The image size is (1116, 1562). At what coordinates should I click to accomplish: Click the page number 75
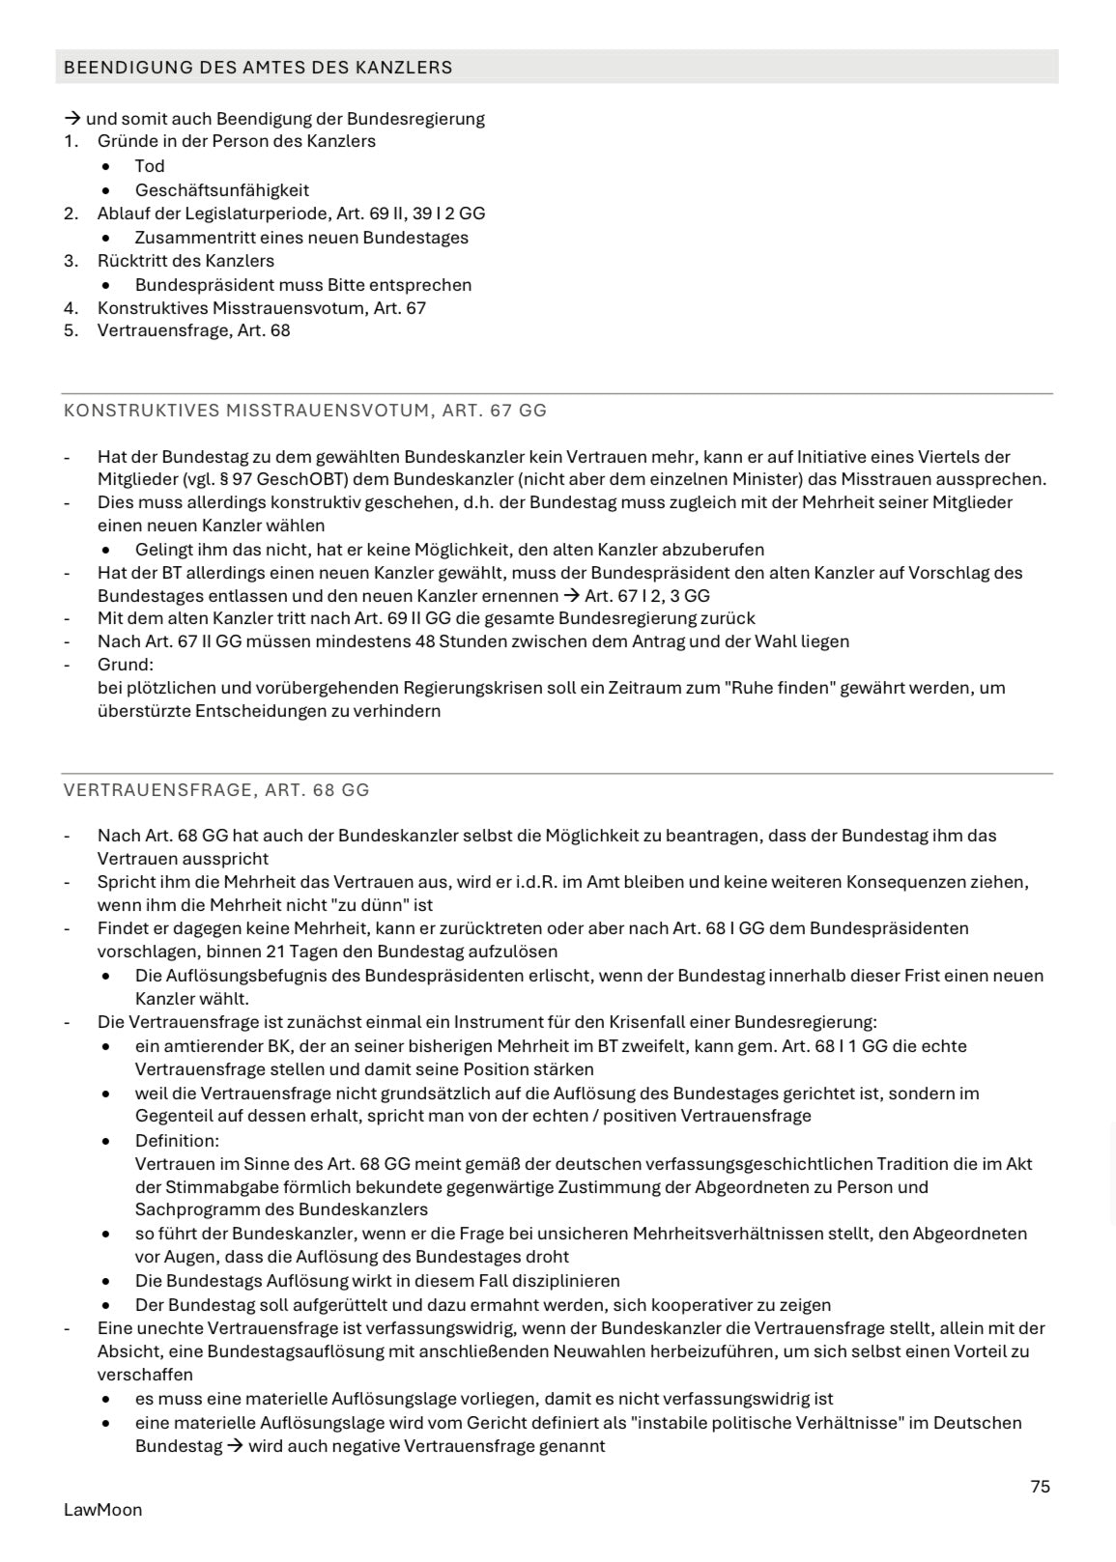click(1040, 1487)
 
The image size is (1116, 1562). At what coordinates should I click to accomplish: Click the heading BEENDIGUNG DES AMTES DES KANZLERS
click(258, 68)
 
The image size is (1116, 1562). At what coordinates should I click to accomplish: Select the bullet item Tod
click(150, 166)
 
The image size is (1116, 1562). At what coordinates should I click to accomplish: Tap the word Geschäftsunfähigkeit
click(222, 190)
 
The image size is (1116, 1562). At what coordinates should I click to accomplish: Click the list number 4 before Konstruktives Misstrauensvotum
click(70, 308)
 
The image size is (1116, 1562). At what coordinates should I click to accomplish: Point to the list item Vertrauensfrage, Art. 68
click(193, 330)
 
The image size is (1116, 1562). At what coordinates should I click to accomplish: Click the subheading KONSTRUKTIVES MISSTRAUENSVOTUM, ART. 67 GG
click(305, 411)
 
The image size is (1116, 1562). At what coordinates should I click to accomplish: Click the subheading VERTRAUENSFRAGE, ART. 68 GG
click(216, 790)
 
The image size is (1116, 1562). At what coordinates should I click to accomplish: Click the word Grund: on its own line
click(126, 665)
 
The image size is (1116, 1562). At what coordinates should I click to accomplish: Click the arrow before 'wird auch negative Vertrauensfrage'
click(235, 1446)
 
